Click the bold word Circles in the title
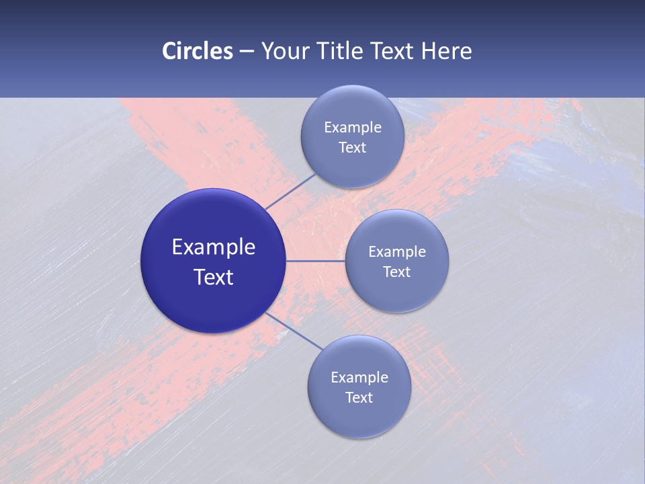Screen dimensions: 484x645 [x=198, y=51]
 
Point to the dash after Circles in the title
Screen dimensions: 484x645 [x=246, y=52]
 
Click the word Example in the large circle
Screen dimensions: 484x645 [x=214, y=247]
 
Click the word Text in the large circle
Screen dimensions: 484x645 [x=214, y=277]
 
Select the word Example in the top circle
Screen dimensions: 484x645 [x=352, y=128]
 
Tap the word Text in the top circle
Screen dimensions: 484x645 [x=352, y=148]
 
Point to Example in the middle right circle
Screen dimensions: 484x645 [x=396, y=252]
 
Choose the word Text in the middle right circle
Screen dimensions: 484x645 [x=396, y=272]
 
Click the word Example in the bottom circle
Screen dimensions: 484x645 [x=359, y=378]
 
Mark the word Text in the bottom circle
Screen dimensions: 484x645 [x=359, y=398]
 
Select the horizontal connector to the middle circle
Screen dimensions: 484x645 [x=316, y=261]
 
